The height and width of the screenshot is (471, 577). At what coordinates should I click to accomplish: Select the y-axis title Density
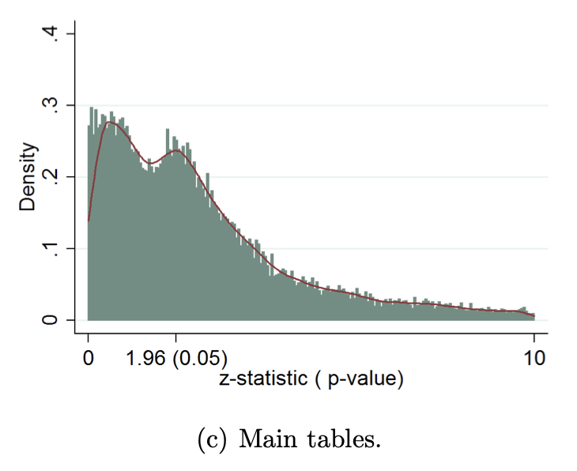tap(28, 177)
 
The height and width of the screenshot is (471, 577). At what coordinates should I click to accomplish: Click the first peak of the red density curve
tap(111, 122)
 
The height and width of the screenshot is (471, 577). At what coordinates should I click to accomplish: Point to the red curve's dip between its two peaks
tap(151, 162)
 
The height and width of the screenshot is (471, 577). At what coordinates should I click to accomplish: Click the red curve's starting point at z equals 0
tap(88, 220)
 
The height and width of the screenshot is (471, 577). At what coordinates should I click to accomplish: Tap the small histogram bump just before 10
tap(522, 308)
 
